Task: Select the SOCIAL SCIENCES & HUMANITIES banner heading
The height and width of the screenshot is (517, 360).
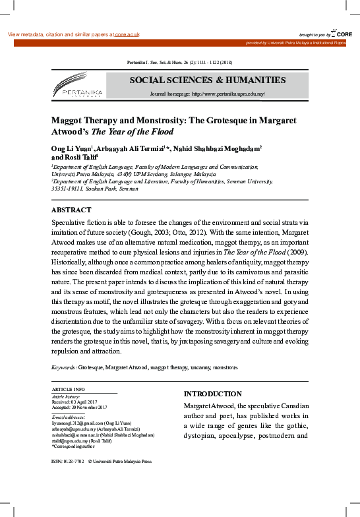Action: [207, 80]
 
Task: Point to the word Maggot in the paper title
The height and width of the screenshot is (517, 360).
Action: [69, 121]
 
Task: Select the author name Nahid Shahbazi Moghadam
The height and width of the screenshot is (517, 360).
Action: [222, 149]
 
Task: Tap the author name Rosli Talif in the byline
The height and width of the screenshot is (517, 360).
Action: [80, 158]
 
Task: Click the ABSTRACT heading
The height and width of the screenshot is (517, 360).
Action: [71, 210]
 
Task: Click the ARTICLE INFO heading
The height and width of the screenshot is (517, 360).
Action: [68, 390]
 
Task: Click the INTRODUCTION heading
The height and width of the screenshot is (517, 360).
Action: [212, 394]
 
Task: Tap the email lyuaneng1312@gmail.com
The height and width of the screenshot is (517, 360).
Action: [78, 422]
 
